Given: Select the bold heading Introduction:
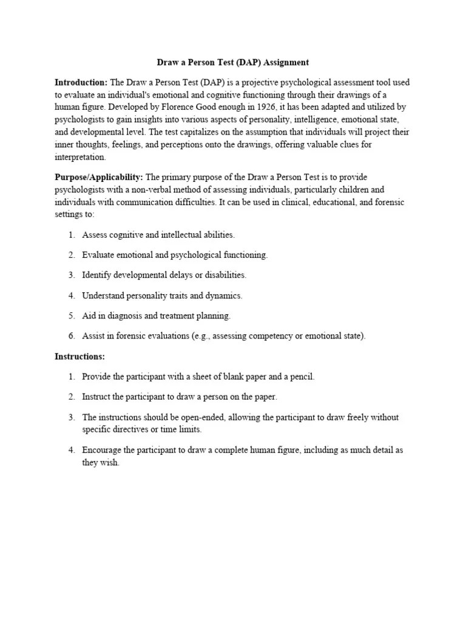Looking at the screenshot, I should [81, 82].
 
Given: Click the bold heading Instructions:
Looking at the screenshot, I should [79, 356].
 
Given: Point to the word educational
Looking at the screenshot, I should [333, 202].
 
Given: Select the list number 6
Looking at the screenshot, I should [71, 336].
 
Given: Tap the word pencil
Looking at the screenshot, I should [302, 377].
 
